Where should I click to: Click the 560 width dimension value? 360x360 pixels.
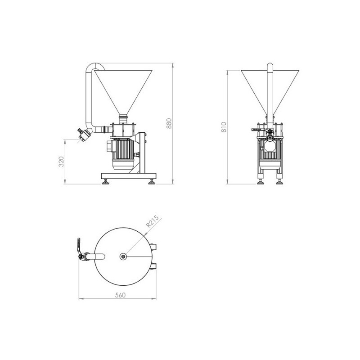120,295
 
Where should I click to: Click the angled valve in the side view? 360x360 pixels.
84,134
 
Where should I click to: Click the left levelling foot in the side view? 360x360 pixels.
106,181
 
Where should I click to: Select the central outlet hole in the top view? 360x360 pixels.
123,256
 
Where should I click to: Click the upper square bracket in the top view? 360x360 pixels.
156,247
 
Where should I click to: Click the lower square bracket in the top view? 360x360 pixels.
156,266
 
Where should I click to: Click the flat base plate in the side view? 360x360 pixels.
128,175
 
